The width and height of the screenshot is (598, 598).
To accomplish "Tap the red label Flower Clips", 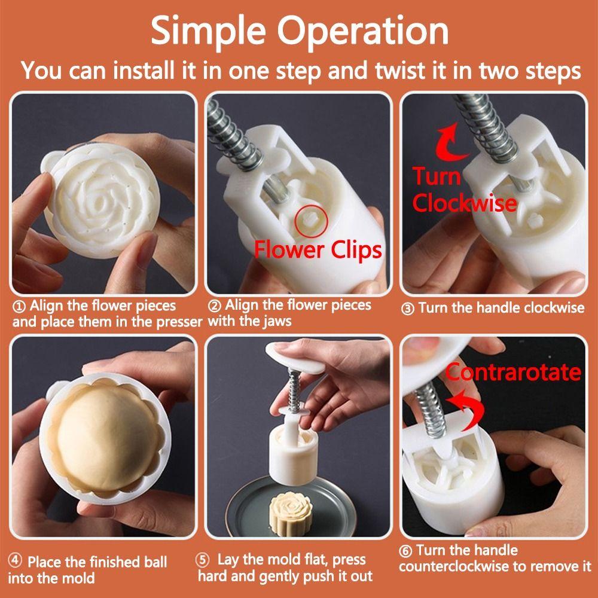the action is [x=318, y=250].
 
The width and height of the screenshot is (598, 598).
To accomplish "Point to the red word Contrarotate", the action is [x=513, y=371].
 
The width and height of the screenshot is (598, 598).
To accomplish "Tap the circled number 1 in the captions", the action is [x=20, y=306].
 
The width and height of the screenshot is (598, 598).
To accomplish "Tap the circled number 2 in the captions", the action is [x=214, y=306].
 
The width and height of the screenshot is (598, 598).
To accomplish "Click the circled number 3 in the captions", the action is [x=408, y=309].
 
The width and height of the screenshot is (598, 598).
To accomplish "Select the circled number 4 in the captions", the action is [x=15, y=561].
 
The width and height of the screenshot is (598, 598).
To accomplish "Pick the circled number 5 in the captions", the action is [x=203, y=560].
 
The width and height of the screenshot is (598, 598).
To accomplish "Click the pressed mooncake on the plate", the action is [x=292, y=512].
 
